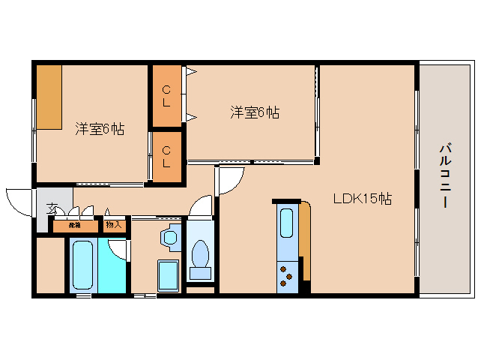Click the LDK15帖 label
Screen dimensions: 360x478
click(x=363, y=199)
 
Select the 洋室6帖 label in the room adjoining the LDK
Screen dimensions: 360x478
click(x=255, y=112)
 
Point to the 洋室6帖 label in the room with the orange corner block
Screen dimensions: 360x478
click(x=99, y=129)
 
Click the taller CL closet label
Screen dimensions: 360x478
click(x=166, y=97)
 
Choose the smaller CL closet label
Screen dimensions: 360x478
click(x=166, y=157)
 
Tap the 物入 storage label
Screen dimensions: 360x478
click(x=114, y=224)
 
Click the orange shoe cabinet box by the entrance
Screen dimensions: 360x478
click(x=75, y=224)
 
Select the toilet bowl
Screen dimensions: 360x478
click(x=200, y=255)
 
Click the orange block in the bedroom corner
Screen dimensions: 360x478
click(x=49, y=97)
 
